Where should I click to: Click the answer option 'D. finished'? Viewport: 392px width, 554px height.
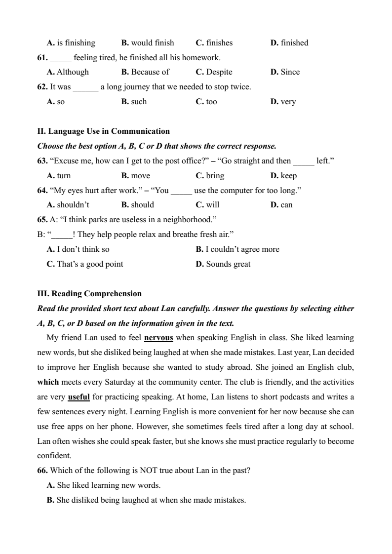pos(289,43)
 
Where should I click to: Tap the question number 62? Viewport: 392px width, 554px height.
pos(42,87)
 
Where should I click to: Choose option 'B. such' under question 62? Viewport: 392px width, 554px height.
pos(134,102)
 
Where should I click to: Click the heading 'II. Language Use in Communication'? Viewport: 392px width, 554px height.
pos(104,131)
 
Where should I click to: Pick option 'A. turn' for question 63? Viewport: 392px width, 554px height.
pos(59,176)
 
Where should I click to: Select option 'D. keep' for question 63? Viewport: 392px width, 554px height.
pos(284,176)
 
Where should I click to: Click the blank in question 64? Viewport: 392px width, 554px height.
pos(181,191)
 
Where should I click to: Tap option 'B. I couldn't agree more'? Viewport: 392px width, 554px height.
pos(237,249)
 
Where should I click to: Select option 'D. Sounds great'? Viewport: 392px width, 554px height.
pos(223,264)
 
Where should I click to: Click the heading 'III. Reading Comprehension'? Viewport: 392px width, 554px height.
pos(89,294)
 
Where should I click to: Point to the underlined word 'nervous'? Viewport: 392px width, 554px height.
pos(158,338)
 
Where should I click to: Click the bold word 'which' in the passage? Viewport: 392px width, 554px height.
pos(48,382)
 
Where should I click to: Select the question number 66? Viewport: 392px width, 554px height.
pos(42,471)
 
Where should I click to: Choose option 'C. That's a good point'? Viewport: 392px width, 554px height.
pos(85,264)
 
